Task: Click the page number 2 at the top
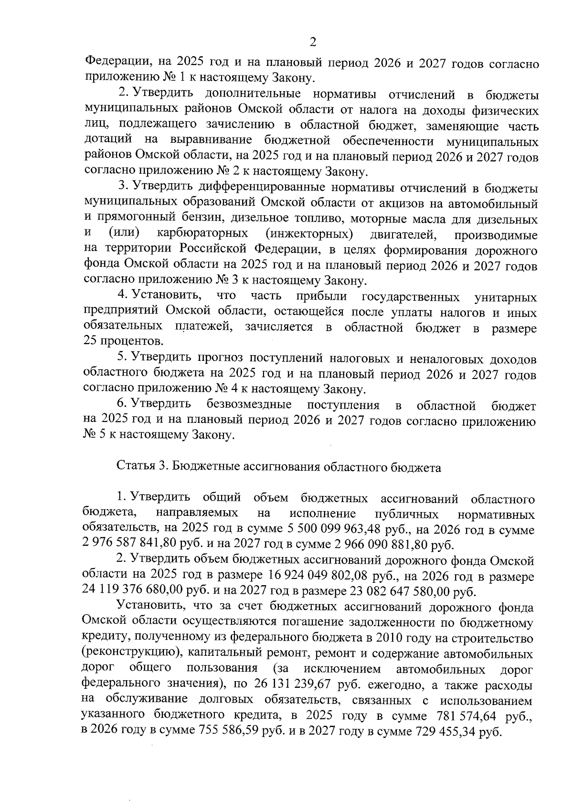313,42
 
